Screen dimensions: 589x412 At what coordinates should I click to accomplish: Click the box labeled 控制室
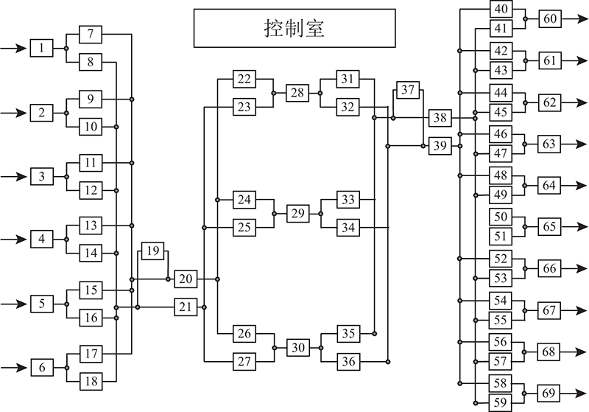tap(294, 28)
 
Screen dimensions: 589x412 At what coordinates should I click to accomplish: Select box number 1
tap(42, 48)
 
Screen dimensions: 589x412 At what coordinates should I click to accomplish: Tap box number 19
tap(152, 251)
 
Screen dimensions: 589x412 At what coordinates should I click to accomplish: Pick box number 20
tap(186, 279)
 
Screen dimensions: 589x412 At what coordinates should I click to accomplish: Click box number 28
tap(297, 93)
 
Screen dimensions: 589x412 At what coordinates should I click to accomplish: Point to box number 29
tap(298, 214)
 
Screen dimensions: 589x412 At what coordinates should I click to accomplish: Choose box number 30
tap(298, 347)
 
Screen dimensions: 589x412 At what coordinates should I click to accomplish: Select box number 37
tap(408, 90)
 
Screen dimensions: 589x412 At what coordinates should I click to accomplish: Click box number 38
tap(440, 118)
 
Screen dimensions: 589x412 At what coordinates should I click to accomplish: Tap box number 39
tap(440, 145)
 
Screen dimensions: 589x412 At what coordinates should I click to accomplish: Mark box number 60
tap(550, 18)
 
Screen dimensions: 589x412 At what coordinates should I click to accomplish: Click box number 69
tap(549, 393)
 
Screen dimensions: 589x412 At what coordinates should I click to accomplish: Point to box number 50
tap(501, 217)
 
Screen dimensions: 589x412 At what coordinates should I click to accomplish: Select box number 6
tap(42, 367)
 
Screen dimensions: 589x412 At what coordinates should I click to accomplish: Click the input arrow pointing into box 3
tap(14, 176)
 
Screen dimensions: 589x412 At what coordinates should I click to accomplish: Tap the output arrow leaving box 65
tap(574, 227)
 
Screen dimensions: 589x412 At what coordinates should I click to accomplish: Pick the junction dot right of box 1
tap(66, 48)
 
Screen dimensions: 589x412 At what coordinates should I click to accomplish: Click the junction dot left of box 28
tap(273, 93)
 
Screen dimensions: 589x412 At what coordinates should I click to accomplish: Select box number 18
tap(91, 381)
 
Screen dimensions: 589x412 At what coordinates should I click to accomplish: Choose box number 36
tap(348, 362)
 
